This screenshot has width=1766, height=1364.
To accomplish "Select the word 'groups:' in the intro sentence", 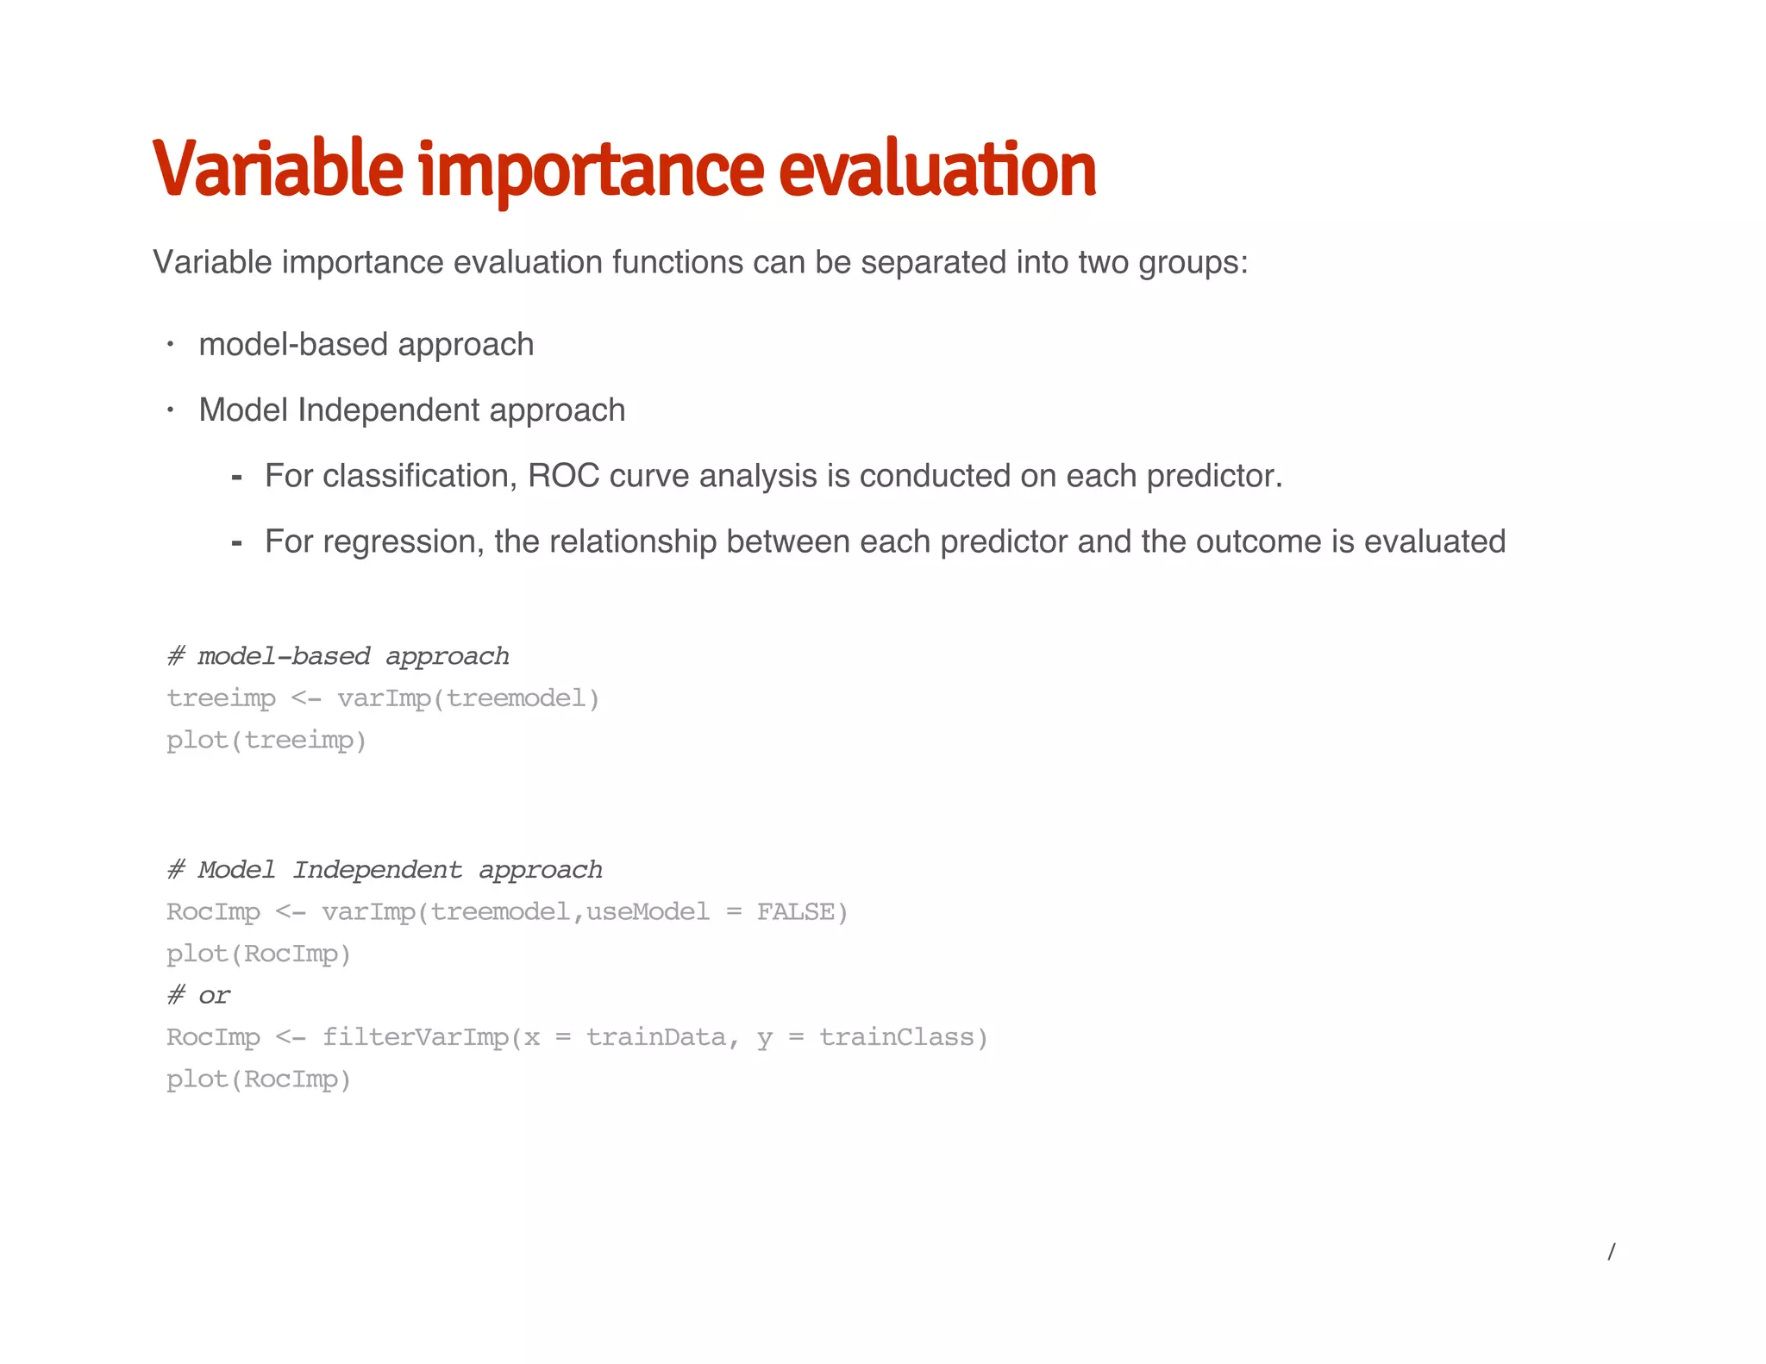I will click(x=1193, y=262).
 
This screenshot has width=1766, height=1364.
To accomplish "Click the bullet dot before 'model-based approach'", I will click(x=171, y=345).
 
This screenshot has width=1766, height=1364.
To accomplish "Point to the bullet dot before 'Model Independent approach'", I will click(x=171, y=410).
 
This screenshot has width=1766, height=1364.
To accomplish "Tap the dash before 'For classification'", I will click(x=236, y=478).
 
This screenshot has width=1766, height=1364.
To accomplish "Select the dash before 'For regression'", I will click(x=236, y=543).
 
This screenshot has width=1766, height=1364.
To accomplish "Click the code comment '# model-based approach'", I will click(x=338, y=656).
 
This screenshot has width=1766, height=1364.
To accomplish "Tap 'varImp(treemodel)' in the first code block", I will click(x=468, y=698).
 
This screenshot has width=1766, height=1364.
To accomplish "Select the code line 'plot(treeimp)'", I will click(x=266, y=740).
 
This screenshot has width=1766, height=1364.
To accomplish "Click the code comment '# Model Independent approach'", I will click(x=385, y=869).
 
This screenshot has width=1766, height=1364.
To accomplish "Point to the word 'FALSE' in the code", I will click(x=795, y=911).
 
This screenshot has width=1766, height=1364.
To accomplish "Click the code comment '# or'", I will click(x=199, y=995).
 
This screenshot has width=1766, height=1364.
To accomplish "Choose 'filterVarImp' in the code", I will click(x=416, y=1036).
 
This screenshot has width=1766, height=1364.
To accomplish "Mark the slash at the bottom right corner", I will click(x=1611, y=1252).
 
